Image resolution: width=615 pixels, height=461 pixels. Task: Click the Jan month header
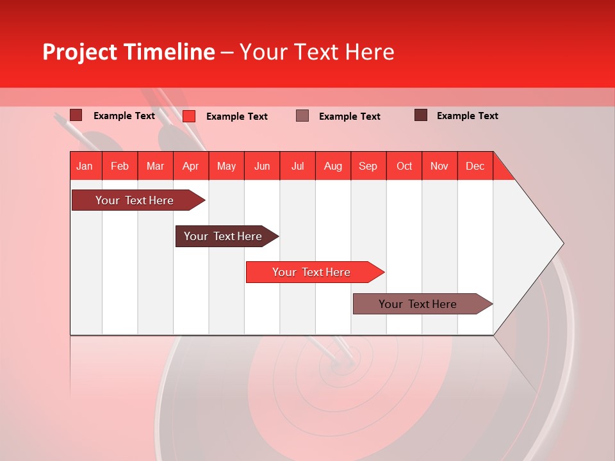(x=85, y=166)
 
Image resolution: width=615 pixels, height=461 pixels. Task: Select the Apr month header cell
(x=191, y=166)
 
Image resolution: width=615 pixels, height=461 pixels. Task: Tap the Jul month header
(x=297, y=166)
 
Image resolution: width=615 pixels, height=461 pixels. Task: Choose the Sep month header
(x=368, y=166)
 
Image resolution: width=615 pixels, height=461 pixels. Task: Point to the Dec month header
(x=475, y=166)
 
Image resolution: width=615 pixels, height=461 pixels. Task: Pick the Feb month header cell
(x=120, y=166)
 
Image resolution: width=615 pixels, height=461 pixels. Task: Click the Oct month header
(x=404, y=166)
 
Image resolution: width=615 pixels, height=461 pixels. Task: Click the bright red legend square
(x=189, y=116)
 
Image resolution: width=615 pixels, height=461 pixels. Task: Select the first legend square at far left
(x=76, y=115)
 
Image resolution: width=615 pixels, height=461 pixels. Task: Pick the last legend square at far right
(x=421, y=115)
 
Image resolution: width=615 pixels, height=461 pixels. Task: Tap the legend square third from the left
(x=302, y=116)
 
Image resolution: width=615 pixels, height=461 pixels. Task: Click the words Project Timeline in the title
(x=129, y=52)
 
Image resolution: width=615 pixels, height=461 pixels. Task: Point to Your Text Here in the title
(x=317, y=52)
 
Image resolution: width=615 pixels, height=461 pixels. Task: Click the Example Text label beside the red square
(x=237, y=117)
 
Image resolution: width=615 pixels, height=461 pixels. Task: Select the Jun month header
(x=262, y=166)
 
